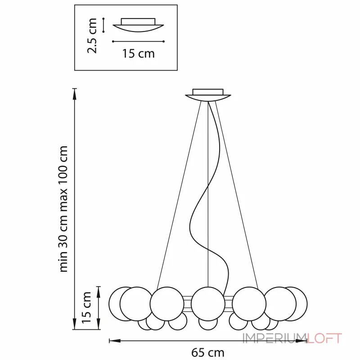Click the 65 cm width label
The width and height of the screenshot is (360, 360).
[x=207, y=352]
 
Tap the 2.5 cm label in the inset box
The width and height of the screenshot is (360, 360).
[x=92, y=36]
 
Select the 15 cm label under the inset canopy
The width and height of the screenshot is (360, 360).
[x=139, y=54]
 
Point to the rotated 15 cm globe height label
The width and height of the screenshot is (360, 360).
[x=86, y=308]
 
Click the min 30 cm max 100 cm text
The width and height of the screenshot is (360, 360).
[x=63, y=209]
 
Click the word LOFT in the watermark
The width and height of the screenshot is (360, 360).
[x=324, y=338]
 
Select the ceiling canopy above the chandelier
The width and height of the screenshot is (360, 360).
[x=208, y=95]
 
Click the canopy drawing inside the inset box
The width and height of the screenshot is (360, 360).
[x=138, y=25]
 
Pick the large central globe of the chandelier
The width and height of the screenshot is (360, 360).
[x=208, y=303]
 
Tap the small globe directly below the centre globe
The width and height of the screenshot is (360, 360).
[x=208, y=324]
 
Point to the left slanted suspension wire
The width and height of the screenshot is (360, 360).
[x=179, y=195]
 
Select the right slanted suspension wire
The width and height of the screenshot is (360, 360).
[x=237, y=195]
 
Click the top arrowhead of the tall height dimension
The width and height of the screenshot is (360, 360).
[x=74, y=94]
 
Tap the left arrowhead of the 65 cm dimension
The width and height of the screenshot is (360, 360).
[x=115, y=341]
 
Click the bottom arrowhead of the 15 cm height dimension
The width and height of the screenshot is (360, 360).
[x=99, y=324]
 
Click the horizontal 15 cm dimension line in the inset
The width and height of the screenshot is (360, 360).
[x=138, y=41]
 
